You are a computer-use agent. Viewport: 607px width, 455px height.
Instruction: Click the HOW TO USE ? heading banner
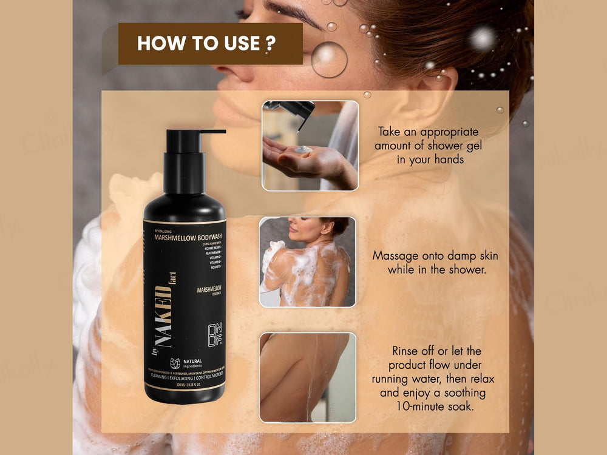(x=210, y=44)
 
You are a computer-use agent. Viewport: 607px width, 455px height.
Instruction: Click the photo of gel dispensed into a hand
(x=310, y=146)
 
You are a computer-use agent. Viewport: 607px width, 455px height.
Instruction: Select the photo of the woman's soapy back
(x=307, y=261)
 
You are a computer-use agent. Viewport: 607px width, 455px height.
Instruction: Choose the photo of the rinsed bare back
(x=307, y=377)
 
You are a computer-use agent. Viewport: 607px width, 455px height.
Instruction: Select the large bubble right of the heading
(x=329, y=59)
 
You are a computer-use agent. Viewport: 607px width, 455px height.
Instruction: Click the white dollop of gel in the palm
(x=303, y=149)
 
